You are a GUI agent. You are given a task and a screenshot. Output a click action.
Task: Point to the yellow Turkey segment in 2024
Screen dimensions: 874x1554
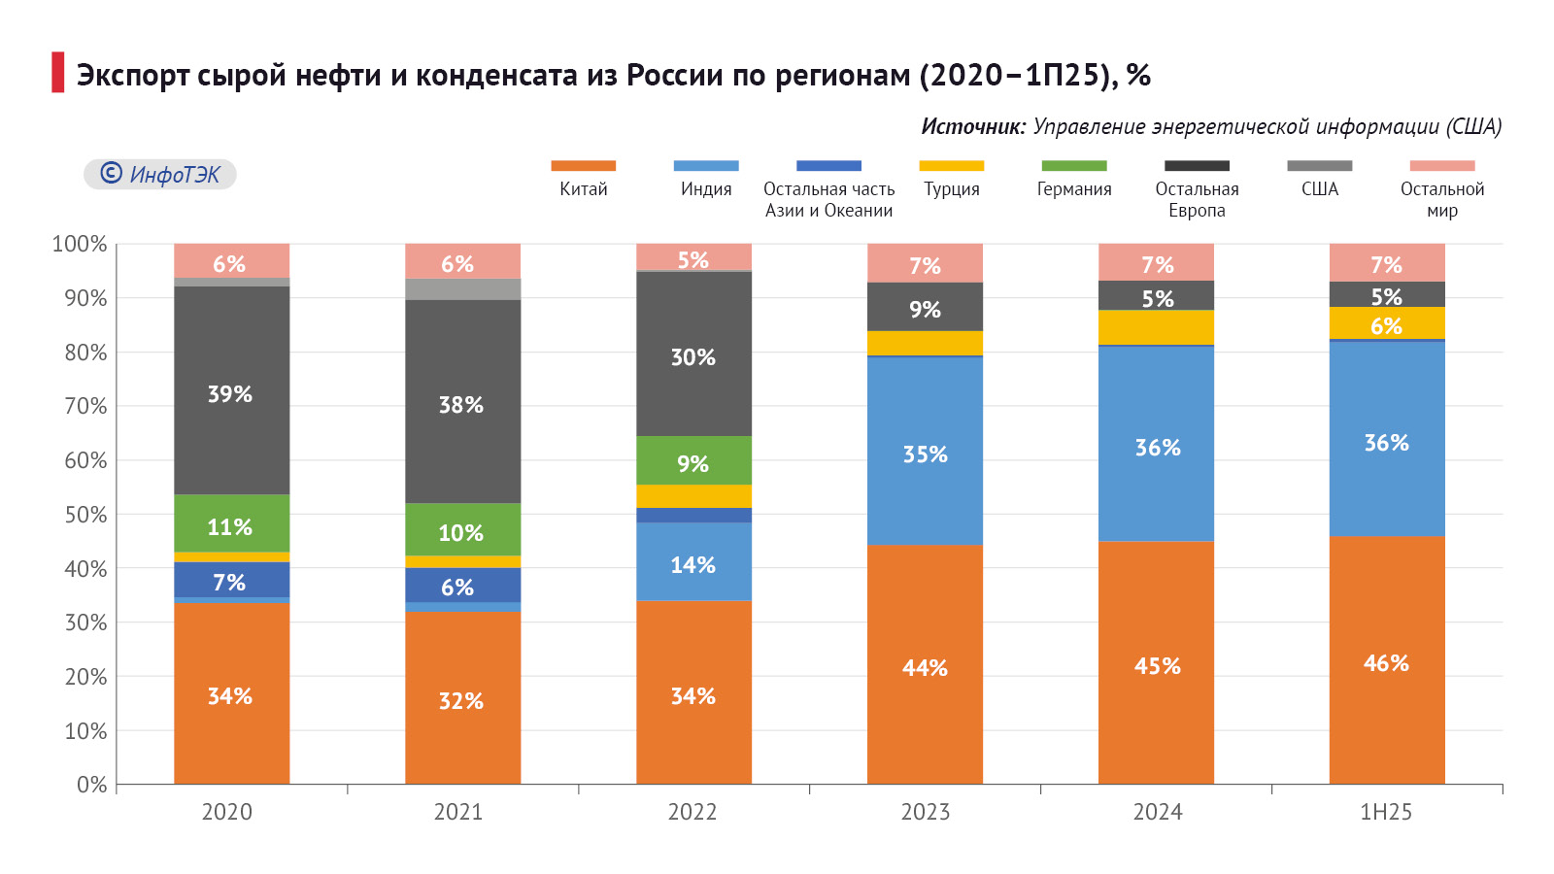(1156, 327)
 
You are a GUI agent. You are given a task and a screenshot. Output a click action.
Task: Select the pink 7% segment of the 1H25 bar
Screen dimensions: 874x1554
(1387, 262)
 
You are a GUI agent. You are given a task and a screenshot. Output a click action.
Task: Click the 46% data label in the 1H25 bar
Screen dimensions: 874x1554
(1386, 663)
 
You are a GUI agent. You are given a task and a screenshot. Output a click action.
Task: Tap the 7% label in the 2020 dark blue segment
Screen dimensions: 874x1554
(229, 583)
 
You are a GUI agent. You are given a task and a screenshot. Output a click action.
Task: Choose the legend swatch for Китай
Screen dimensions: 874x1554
(583, 166)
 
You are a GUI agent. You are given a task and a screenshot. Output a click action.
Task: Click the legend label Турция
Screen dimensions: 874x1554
(952, 189)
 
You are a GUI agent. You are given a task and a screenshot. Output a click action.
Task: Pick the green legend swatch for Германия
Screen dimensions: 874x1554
(1073, 166)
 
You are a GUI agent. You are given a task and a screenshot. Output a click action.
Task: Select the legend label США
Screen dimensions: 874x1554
(1319, 189)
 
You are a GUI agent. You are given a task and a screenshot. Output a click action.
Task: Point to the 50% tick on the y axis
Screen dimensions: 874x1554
(85, 515)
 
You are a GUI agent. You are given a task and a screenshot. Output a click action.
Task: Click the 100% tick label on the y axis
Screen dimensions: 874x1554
(80, 245)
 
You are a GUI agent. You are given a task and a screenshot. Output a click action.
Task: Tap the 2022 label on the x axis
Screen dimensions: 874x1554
(693, 812)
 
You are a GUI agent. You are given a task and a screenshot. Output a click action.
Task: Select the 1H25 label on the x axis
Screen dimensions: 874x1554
(1386, 812)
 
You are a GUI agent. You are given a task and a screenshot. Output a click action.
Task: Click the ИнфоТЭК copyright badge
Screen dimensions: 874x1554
(160, 174)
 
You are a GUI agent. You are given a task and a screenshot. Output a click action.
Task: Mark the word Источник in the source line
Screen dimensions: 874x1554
(972, 127)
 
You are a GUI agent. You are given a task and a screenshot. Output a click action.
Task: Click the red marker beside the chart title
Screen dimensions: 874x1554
(58, 73)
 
